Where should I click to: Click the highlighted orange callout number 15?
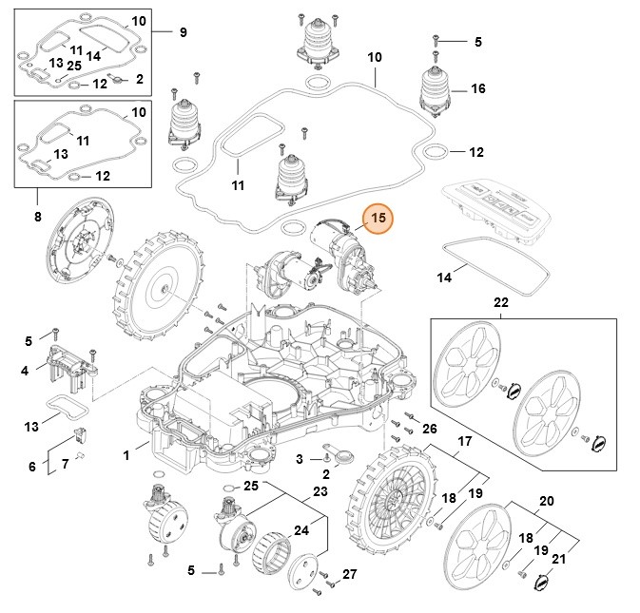(x=378, y=218)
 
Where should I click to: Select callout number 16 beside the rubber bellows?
(x=477, y=88)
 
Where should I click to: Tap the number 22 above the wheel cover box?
(x=501, y=302)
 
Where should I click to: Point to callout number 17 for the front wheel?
(x=465, y=441)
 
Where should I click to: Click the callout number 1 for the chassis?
(x=126, y=455)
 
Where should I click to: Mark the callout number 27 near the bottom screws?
(x=349, y=574)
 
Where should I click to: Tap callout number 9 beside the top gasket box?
(x=183, y=32)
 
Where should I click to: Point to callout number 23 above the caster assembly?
(x=320, y=491)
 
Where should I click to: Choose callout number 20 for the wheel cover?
(x=546, y=501)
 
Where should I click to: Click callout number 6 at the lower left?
(x=31, y=467)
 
